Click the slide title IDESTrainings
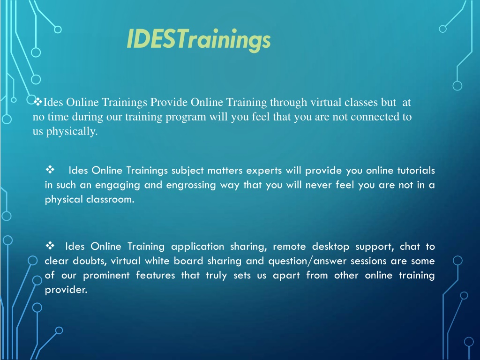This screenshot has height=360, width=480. point(199,40)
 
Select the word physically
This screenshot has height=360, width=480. point(72,131)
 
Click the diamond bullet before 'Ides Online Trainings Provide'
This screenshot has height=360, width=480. point(37,101)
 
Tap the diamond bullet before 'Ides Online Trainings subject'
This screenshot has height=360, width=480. point(50,169)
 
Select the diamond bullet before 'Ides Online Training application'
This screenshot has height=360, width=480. point(50,245)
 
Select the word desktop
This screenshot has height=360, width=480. point(330,247)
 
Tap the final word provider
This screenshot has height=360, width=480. point(66,290)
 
